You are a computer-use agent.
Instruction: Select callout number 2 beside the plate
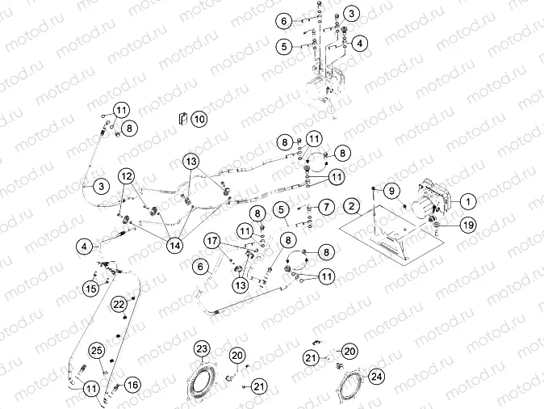coord(353,205)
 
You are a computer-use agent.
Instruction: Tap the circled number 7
coord(327,208)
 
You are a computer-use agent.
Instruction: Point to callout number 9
coord(392,192)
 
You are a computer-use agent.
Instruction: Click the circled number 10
coord(199,119)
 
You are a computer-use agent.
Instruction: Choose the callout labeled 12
coord(127,176)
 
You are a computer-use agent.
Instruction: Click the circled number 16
coord(132,385)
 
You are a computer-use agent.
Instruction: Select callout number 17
coord(212,240)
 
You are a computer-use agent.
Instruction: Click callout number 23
coord(201,348)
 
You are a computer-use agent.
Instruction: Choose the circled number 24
coord(377,376)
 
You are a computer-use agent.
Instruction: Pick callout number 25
coord(96,349)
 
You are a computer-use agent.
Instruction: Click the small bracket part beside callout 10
coord(182,118)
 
